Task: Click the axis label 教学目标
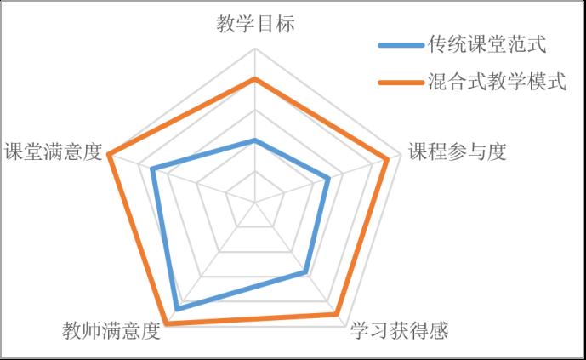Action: click(x=255, y=24)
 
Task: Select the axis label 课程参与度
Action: click(x=457, y=151)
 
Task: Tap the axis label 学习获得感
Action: click(x=399, y=330)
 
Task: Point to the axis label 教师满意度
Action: click(x=111, y=330)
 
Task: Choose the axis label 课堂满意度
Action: click(x=53, y=151)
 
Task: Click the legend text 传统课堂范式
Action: click(x=487, y=44)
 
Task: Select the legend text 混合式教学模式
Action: click(x=497, y=81)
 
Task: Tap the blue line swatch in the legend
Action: click(x=401, y=45)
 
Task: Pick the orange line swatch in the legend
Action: click(x=401, y=83)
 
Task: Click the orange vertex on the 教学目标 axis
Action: click(x=255, y=78)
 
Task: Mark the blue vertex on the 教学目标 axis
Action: click(x=255, y=140)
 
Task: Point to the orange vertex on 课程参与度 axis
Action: click(x=387, y=160)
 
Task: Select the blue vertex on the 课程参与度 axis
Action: click(x=328, y=179)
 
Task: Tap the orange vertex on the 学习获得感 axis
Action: click(x=337, y=314)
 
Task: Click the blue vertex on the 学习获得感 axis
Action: click(x=305, y=272)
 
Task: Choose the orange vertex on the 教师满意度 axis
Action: click(x=167, y=323)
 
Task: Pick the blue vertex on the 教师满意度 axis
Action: click(x=177, y=309)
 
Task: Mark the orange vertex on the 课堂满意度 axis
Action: click(x=108, y=154)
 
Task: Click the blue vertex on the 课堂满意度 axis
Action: click(x=152, y=169)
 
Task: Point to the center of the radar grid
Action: click(x=255, y=203)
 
